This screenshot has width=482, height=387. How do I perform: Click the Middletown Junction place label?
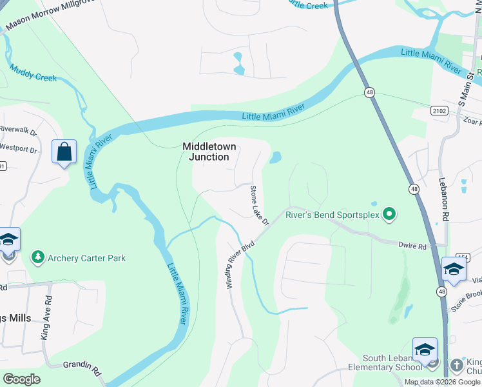click(x=206, y=152)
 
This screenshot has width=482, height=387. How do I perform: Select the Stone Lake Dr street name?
click(x=259, y=205)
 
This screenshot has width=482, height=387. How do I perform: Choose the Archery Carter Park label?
click(x=87, y=258)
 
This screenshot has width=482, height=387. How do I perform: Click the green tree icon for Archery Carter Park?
click(x=38, y=258)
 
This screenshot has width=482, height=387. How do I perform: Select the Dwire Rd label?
click(x=413, y=246)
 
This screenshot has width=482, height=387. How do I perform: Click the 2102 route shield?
click(x=439, y=111)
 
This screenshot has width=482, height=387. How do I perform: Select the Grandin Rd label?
click(x=83, y=369)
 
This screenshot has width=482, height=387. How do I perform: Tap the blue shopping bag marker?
click(x=64, y=153)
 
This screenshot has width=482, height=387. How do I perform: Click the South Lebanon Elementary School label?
click(x=383, y=363)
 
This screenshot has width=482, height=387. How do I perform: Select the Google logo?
click(x=22, y=379)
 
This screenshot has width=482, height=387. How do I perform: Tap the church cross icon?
click(x=457, y=363)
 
